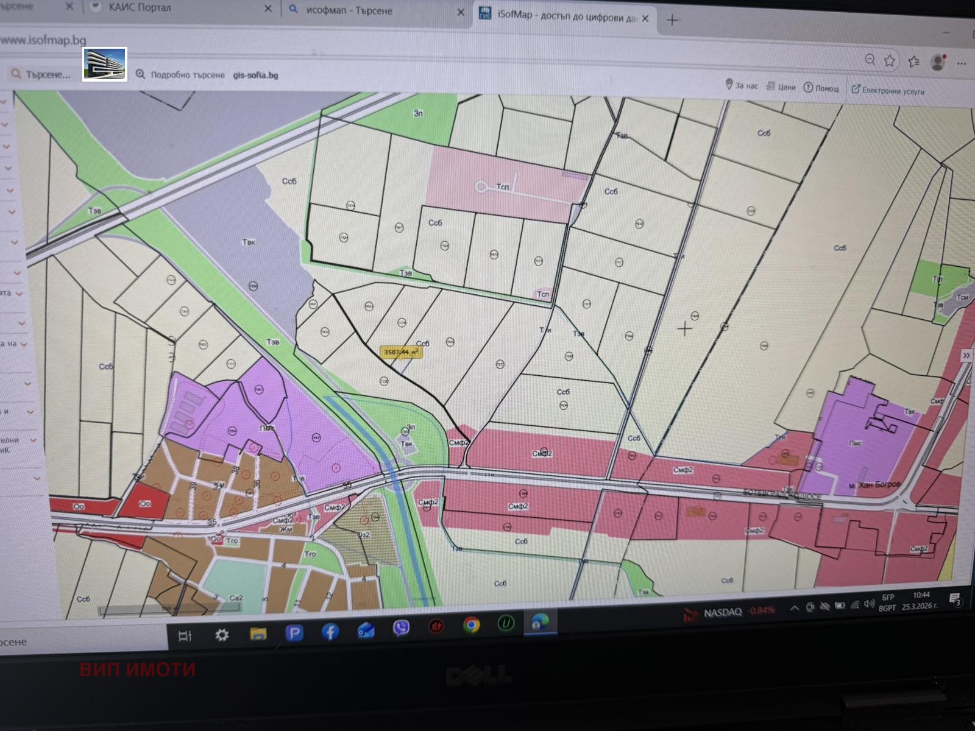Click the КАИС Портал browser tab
click(140, 8)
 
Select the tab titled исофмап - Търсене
click(349, 10)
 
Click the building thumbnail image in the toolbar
click(105, 64)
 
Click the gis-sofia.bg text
click(255, 76)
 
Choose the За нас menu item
click(742, 85)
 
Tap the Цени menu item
click(781, 87)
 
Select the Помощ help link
click(821, 88)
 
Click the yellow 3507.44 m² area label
click(400, 352)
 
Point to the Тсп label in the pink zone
click(503, 186)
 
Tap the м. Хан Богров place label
click(874, 485)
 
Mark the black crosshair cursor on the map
click(684, 329)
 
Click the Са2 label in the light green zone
click(236, 598)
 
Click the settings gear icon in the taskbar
click(222, 635)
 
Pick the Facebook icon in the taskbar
click(330, 632)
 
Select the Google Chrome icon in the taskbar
click(471, 625)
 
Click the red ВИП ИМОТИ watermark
click(138, 669)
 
